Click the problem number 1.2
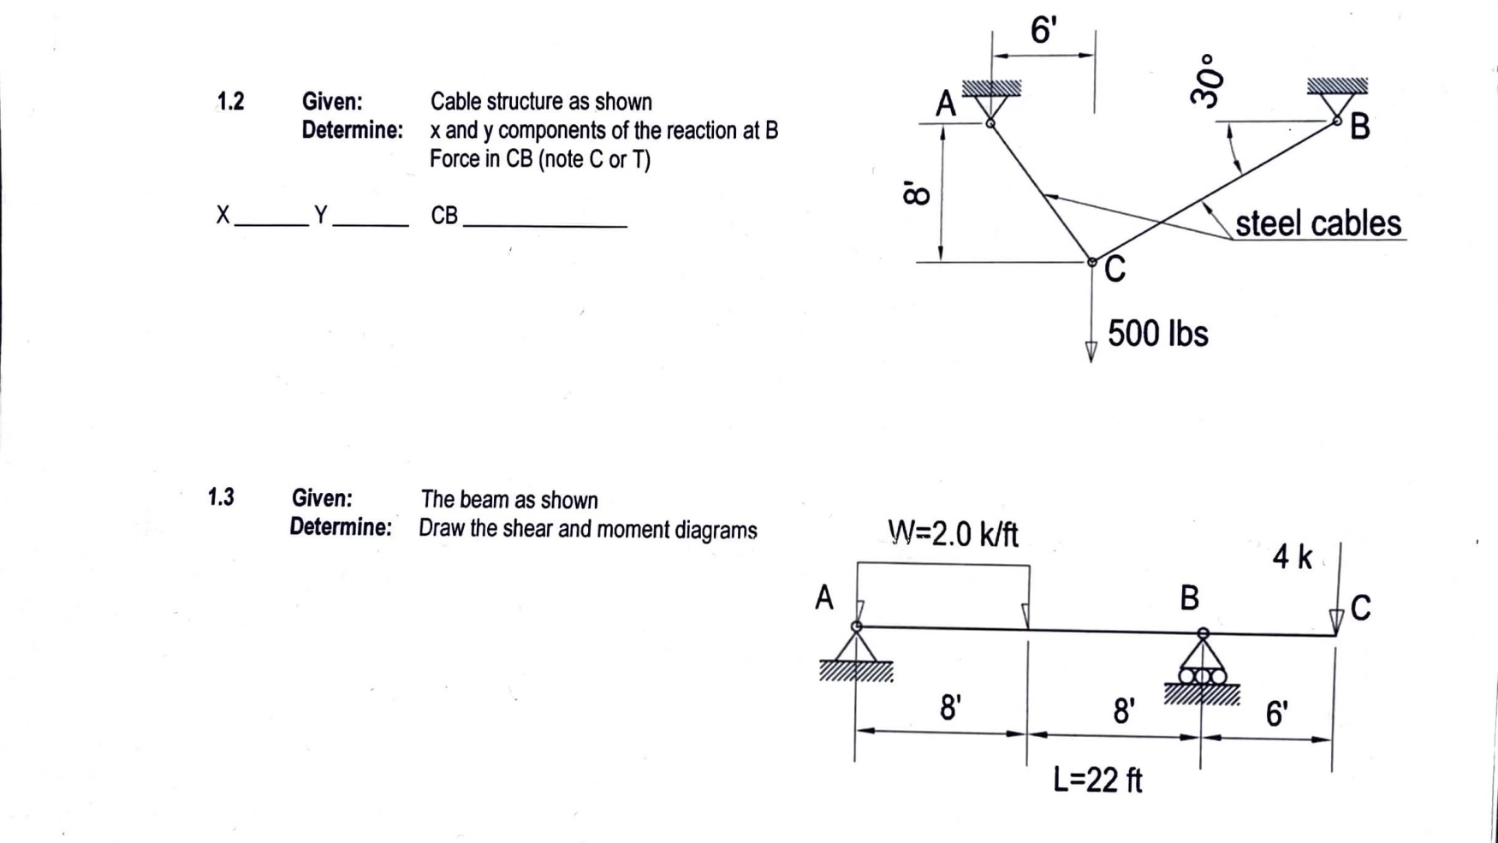point(230,102)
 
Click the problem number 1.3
point(221,497)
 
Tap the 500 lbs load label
point(1157,334)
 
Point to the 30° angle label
point(1206,81)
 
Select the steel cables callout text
point(1317,223)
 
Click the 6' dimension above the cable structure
point(1043,31)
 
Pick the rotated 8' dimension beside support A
point(915,193)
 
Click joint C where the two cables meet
point(1091,262)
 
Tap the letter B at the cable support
point(1359,128)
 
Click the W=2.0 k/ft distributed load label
point(953,534)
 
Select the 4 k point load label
point(1292,557)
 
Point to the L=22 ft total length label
point(1097,780)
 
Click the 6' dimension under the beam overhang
point(1275,713)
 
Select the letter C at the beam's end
point(1360,608)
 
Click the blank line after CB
point(544,224)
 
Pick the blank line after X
point(270,223)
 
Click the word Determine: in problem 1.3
point(341,527)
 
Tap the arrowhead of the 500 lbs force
point(1091,352)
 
